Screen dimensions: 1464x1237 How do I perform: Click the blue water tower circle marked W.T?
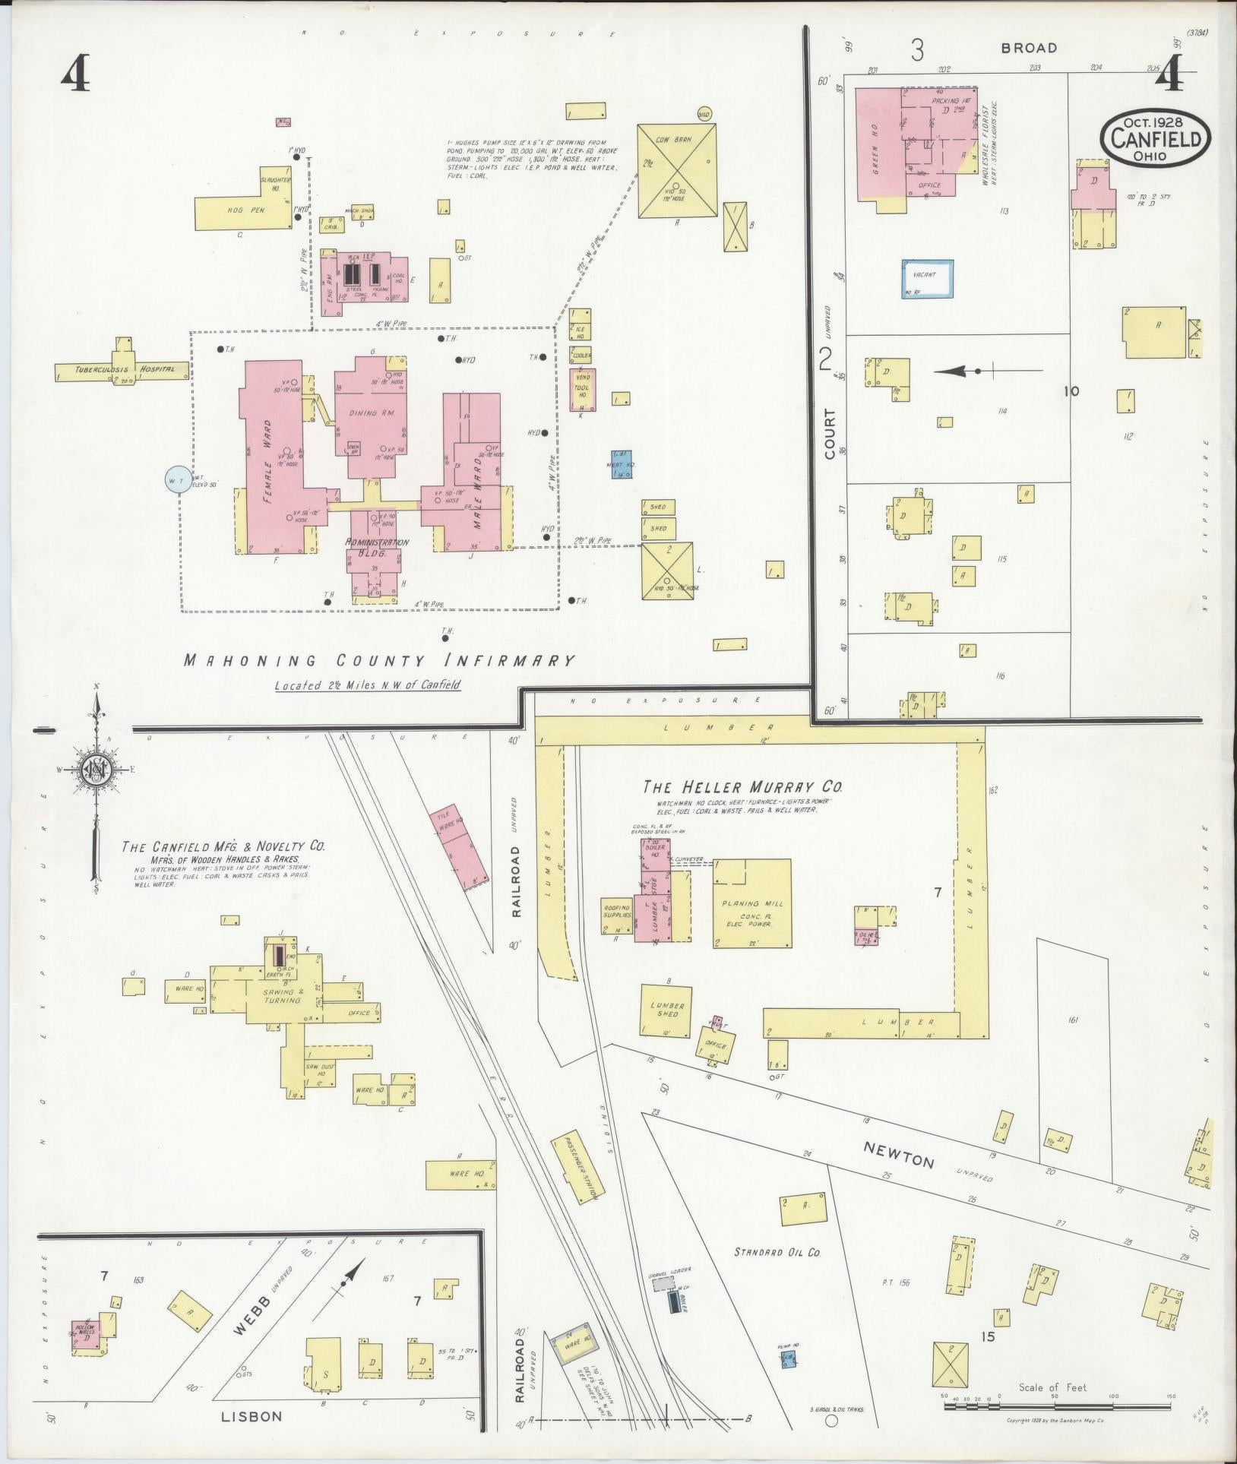point(178,479)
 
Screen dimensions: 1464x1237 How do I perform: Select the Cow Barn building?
point(676,170)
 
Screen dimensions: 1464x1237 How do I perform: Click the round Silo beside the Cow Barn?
point(704,114)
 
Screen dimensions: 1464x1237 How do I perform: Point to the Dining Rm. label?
point(369,413)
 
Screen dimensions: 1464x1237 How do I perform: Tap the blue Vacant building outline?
point(929,279)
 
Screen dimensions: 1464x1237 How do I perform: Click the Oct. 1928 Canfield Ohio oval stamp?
point(1156,138)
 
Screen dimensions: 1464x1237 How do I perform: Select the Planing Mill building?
point(751,903)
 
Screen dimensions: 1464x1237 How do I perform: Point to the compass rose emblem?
point(96,770)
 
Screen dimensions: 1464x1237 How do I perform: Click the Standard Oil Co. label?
point(777,1252)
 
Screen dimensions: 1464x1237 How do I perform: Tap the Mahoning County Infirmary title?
point(378,660)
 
